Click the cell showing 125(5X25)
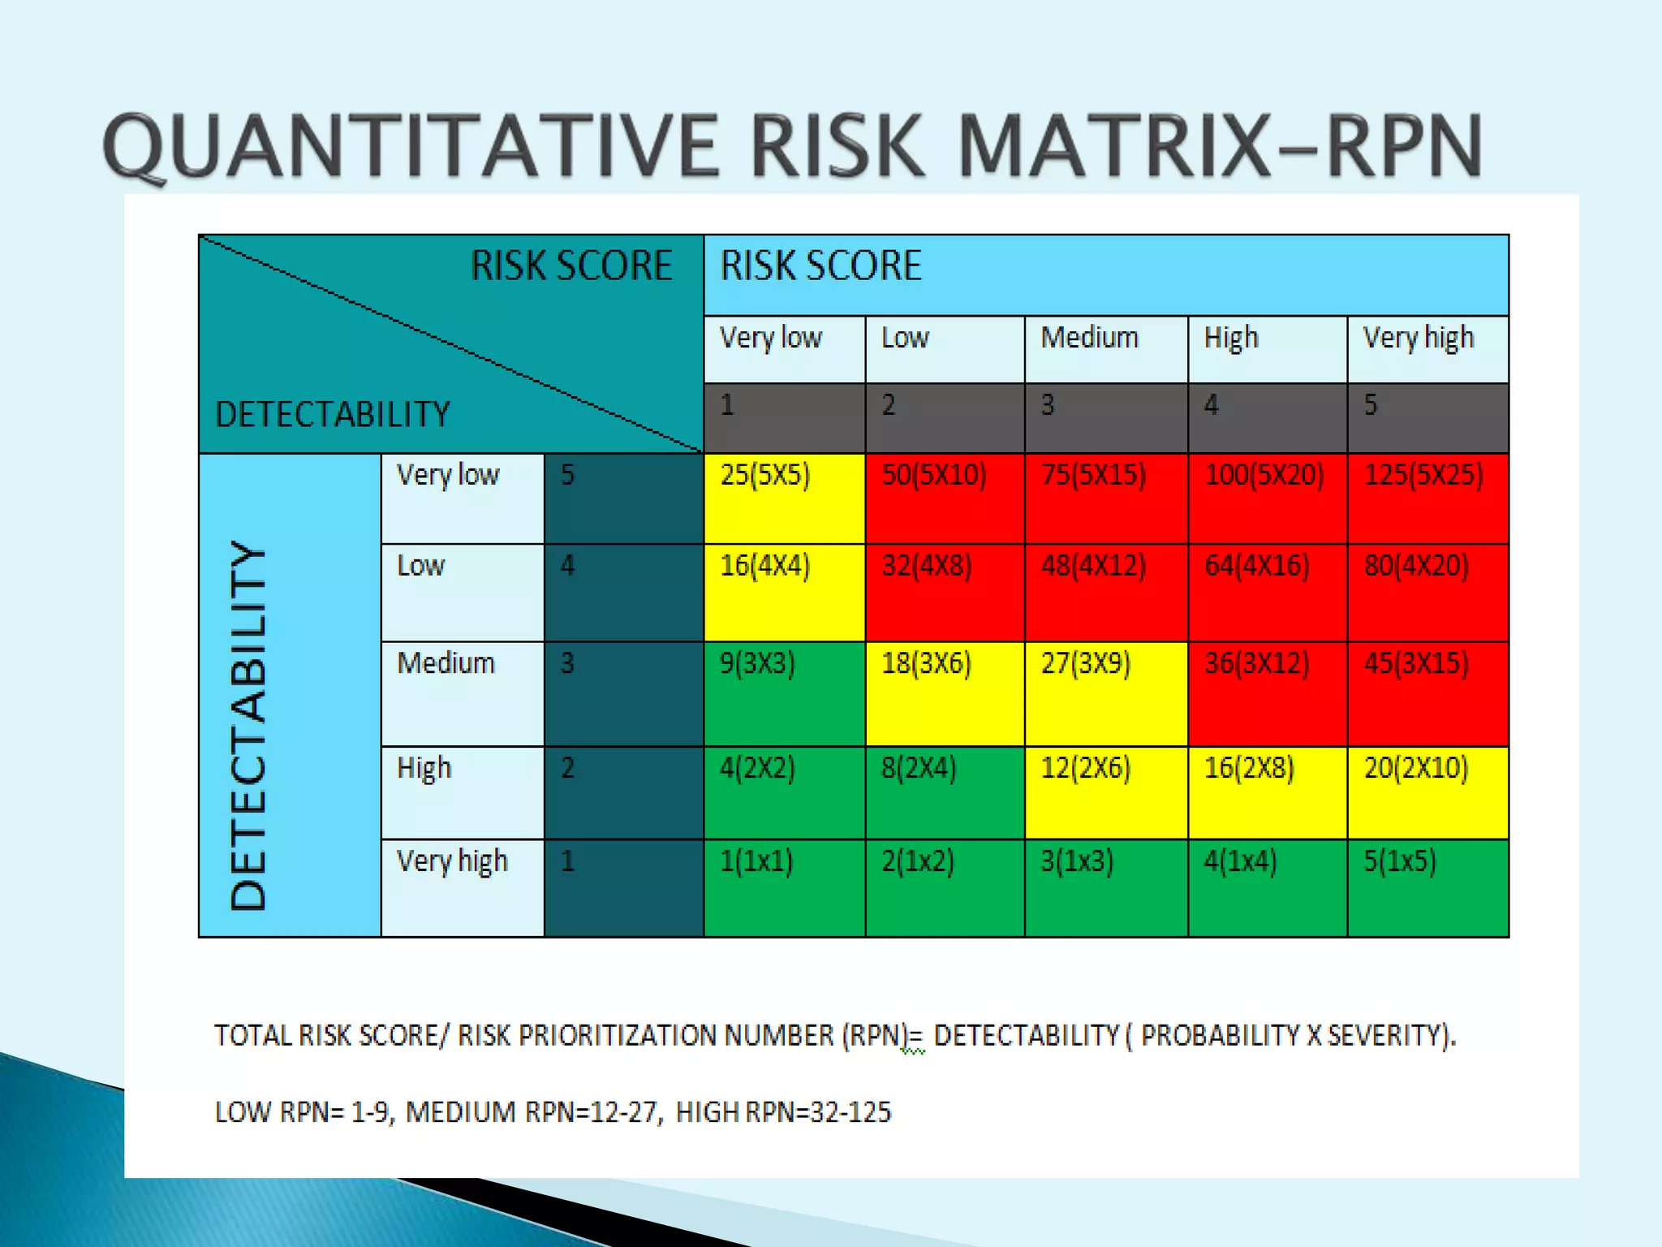point(1427,498)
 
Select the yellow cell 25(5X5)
point(784,498)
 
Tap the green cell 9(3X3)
point(784,693)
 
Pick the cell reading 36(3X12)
point(1267,693)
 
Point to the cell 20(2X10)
point(1427,792)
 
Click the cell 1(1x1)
point(784,887)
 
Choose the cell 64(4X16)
point(1267,593)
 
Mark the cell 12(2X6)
point(1105,792)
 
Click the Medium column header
point(1090,338)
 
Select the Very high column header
point(1418,338)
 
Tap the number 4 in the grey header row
point(1211,404)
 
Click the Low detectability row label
point(421,566)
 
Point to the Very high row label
point(452,861)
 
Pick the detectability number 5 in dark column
point(568,475)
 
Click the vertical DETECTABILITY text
point(248,724)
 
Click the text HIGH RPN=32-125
point(783,1111)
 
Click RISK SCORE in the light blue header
point(820,266)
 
